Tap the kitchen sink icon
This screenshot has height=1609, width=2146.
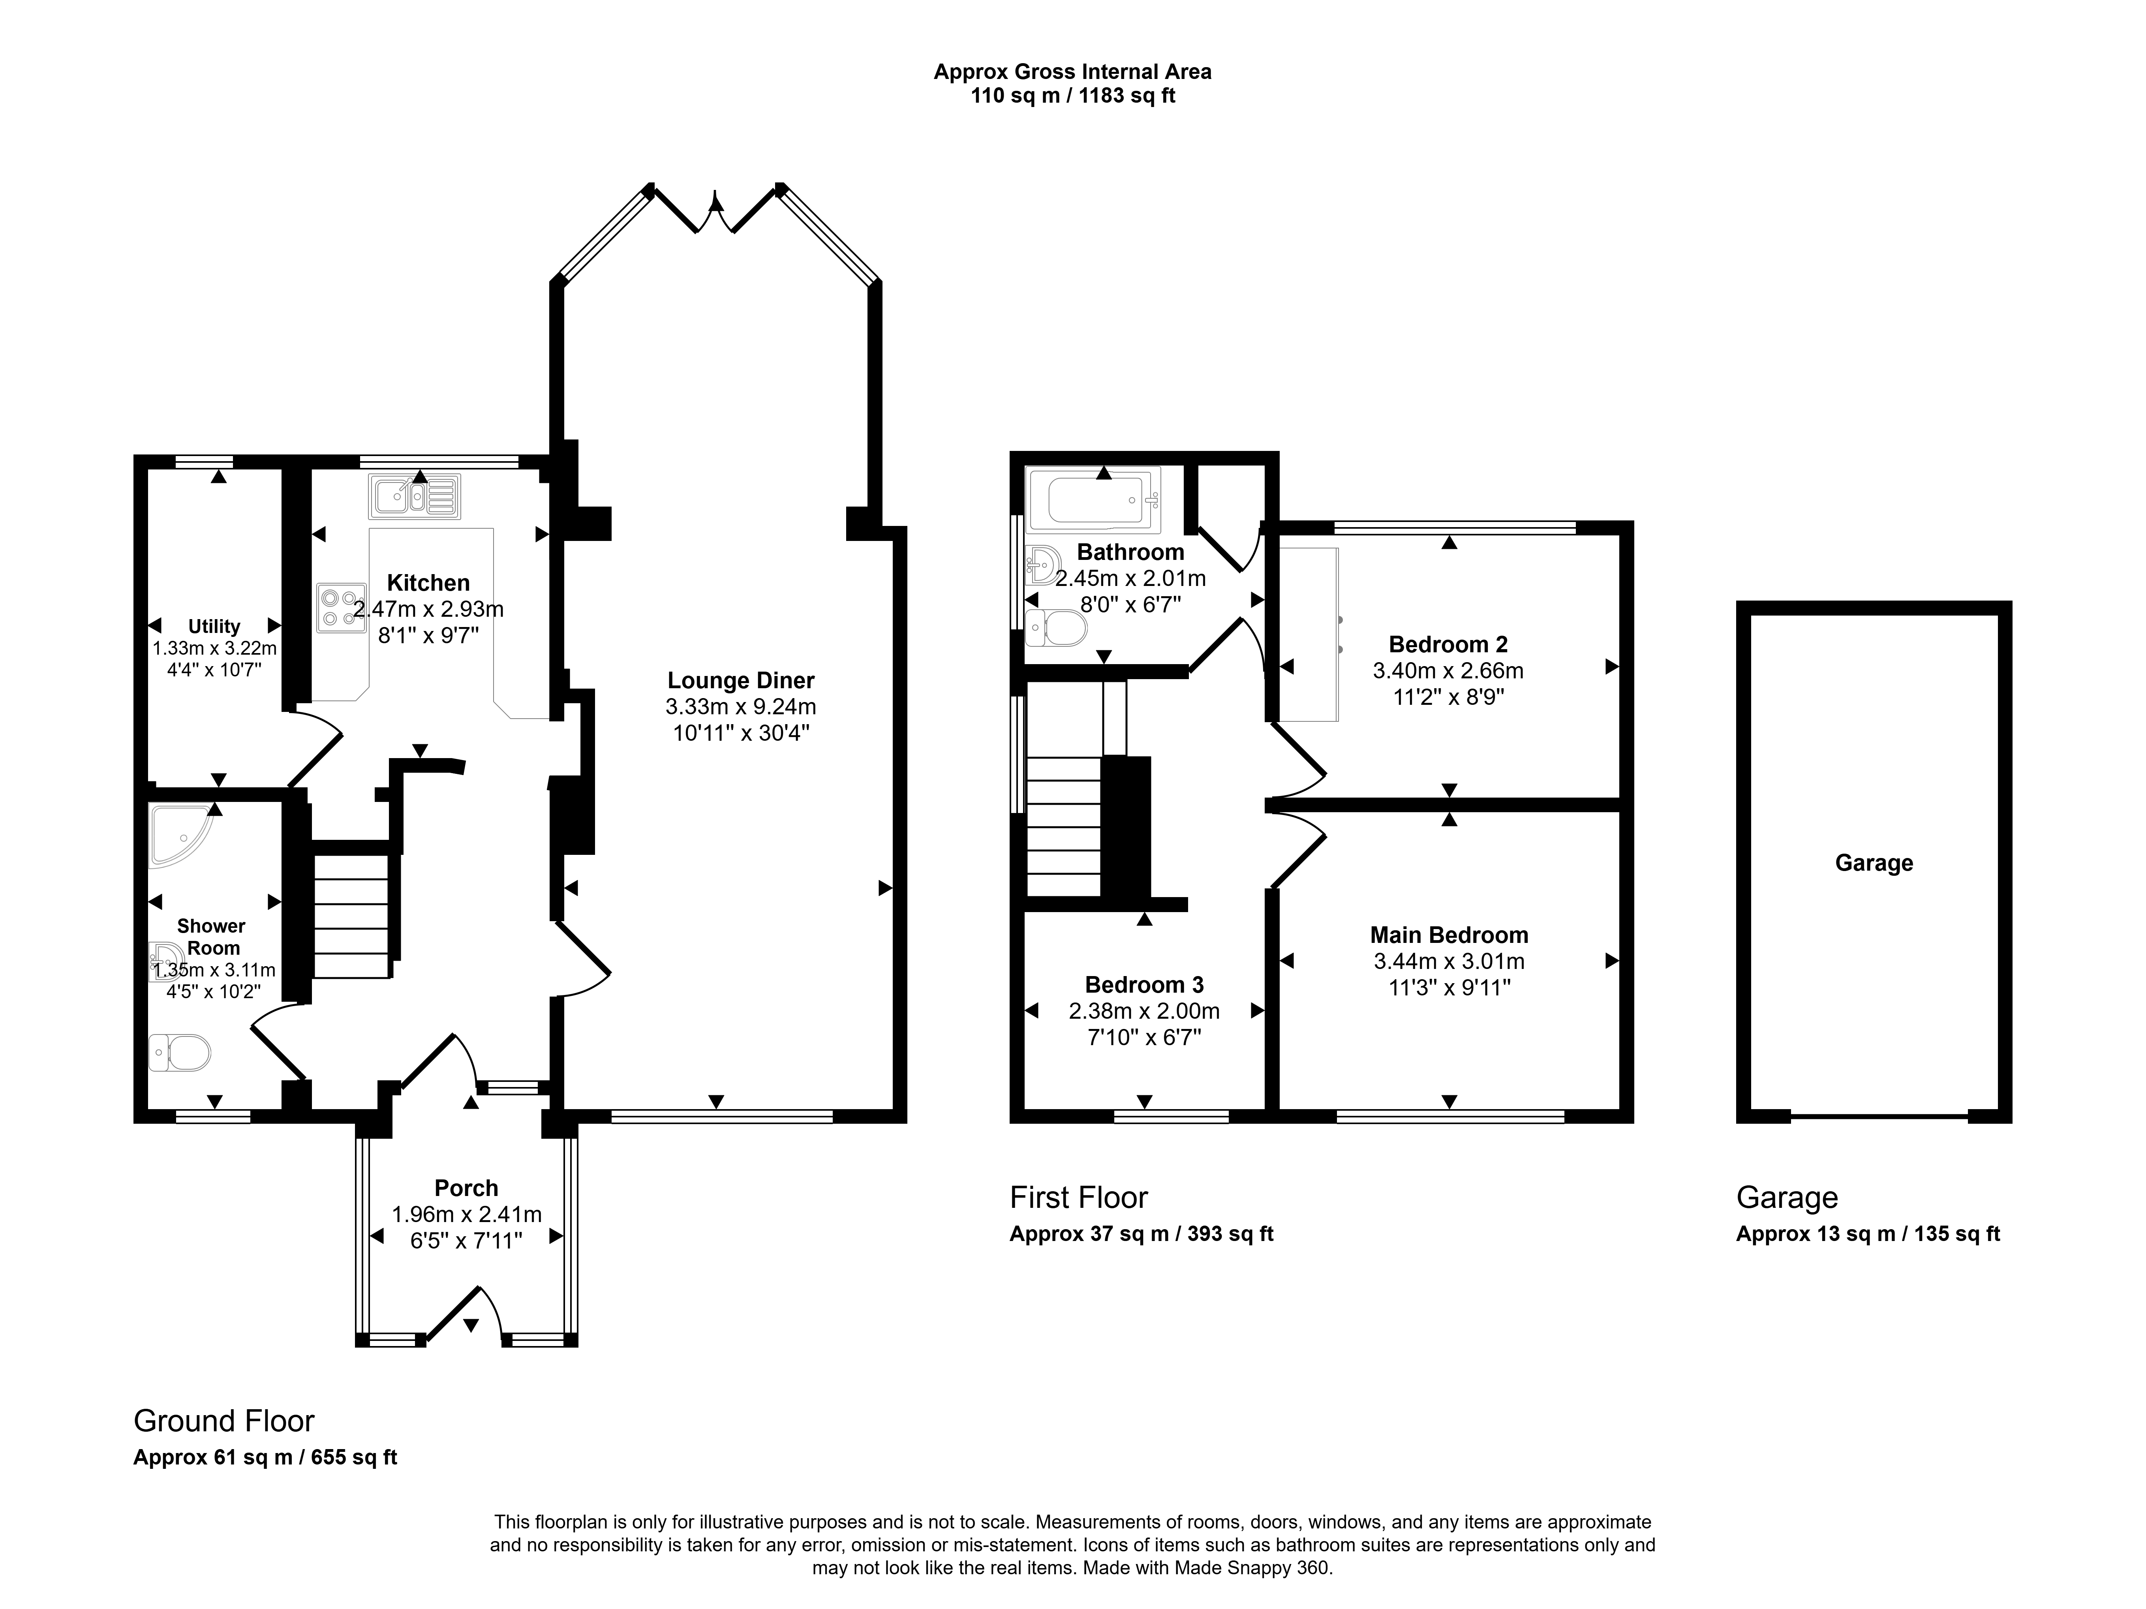(414, 496)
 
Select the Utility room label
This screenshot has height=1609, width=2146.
(214, 627)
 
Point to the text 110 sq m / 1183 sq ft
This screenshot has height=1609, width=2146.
(1073, 96)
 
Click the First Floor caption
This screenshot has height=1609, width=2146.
(1079, 1198)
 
